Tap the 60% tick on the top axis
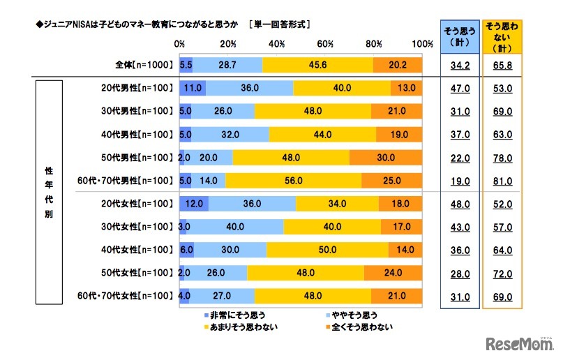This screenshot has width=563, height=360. pyautogui.click(x=324, y=44)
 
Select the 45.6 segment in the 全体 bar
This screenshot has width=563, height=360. pyautogui.click(x=317, y=65)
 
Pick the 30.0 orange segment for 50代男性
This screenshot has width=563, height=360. pyautogui.click(x=386, y=157)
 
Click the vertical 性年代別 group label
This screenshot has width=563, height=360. pyautogui.click(x=50, y=193)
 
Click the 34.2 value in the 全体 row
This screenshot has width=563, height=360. pyautogui.click(x=459, y=66)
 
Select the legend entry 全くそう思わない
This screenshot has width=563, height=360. pyautogui.click(x=357, y=327)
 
